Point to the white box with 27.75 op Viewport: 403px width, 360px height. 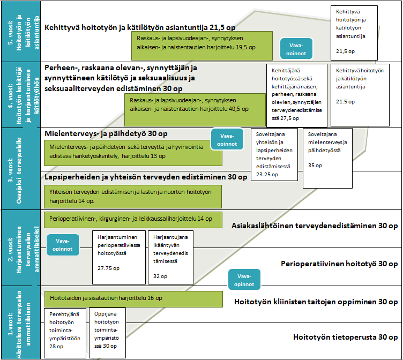click(115, 252)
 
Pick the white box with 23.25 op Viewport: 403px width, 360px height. click(274, 155)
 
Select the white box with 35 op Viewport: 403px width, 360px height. click(327, 157)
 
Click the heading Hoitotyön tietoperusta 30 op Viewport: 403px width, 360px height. click(346, 337)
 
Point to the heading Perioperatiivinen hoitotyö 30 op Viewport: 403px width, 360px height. click(339, 264)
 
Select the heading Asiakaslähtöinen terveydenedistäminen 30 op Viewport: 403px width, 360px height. click(315, 226)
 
